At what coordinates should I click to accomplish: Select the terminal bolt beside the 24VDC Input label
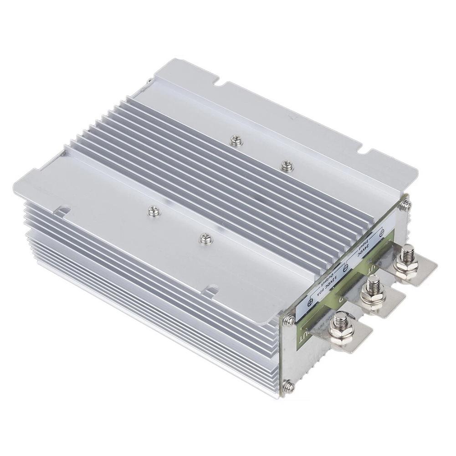pos(405,258)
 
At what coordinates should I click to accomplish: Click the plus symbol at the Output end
pos(310,303)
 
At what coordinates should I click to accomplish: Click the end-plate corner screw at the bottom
pos(288,387)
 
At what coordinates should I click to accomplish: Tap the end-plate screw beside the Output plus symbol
pos(288,321)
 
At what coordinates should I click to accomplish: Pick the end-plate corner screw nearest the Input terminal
pos(405,205)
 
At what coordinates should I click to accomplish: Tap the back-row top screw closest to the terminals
pos(287,165)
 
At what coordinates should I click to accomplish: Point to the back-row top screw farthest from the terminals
pos(236,141)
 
